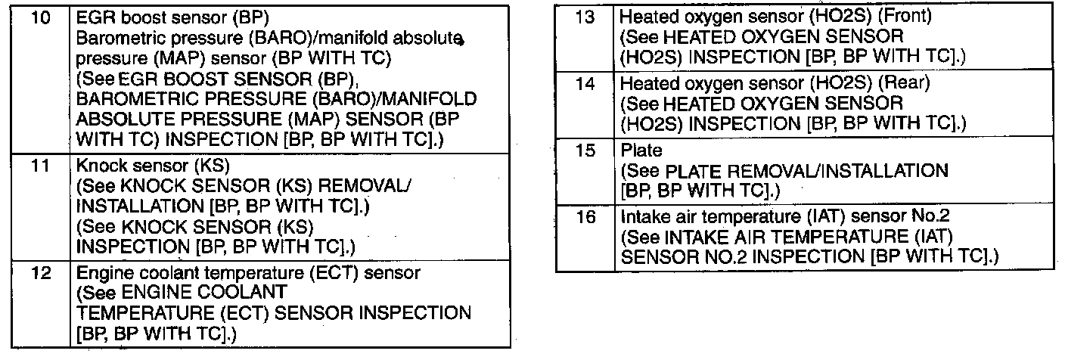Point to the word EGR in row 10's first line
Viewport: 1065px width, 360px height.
point(94,17)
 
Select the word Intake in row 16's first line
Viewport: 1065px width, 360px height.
point(641,217)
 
